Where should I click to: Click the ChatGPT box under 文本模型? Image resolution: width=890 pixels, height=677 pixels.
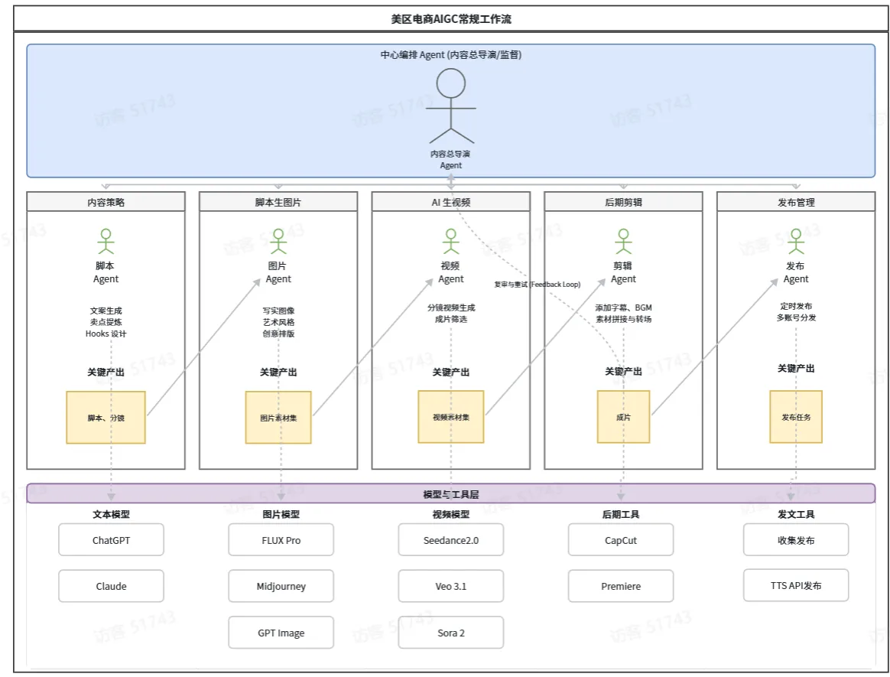tap(112, 539)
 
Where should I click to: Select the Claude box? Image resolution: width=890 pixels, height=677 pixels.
tap(112, 585)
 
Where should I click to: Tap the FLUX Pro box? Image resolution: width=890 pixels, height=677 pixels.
tap(281, 539)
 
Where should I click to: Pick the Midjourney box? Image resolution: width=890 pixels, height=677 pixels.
tap(281, 585)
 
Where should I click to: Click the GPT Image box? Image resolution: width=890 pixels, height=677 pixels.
tap(281, 632)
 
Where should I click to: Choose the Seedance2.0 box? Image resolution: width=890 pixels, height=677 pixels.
tap(450, 539)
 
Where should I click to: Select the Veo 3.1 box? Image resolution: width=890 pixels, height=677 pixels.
tap(450, 585)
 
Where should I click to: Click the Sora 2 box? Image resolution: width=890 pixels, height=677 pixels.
tap(450, 632)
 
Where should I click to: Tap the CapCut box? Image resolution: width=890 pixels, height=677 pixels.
tap(620, 539)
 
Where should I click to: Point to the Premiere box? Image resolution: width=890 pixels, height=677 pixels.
tap(620, 585)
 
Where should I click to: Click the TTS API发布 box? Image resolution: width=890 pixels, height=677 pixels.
tap(796, 585)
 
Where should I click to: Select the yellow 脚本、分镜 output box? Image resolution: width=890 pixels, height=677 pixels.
tap(106, 418)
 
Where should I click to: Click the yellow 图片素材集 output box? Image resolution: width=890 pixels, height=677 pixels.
tap(278, 418)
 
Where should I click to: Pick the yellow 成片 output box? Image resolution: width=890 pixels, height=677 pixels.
tap(623, 417)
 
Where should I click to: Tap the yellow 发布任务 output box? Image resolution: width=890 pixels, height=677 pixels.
tap(796, 417)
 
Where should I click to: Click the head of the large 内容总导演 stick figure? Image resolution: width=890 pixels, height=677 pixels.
tap(450, 83)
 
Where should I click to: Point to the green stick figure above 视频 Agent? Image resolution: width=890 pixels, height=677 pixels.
tap(450, 242)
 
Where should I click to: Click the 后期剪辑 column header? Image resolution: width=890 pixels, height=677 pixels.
tap(623, 202)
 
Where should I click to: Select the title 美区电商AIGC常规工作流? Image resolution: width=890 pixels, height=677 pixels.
tap(450, 19)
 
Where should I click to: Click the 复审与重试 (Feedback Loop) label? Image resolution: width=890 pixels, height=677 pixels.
tap(537, 284)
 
